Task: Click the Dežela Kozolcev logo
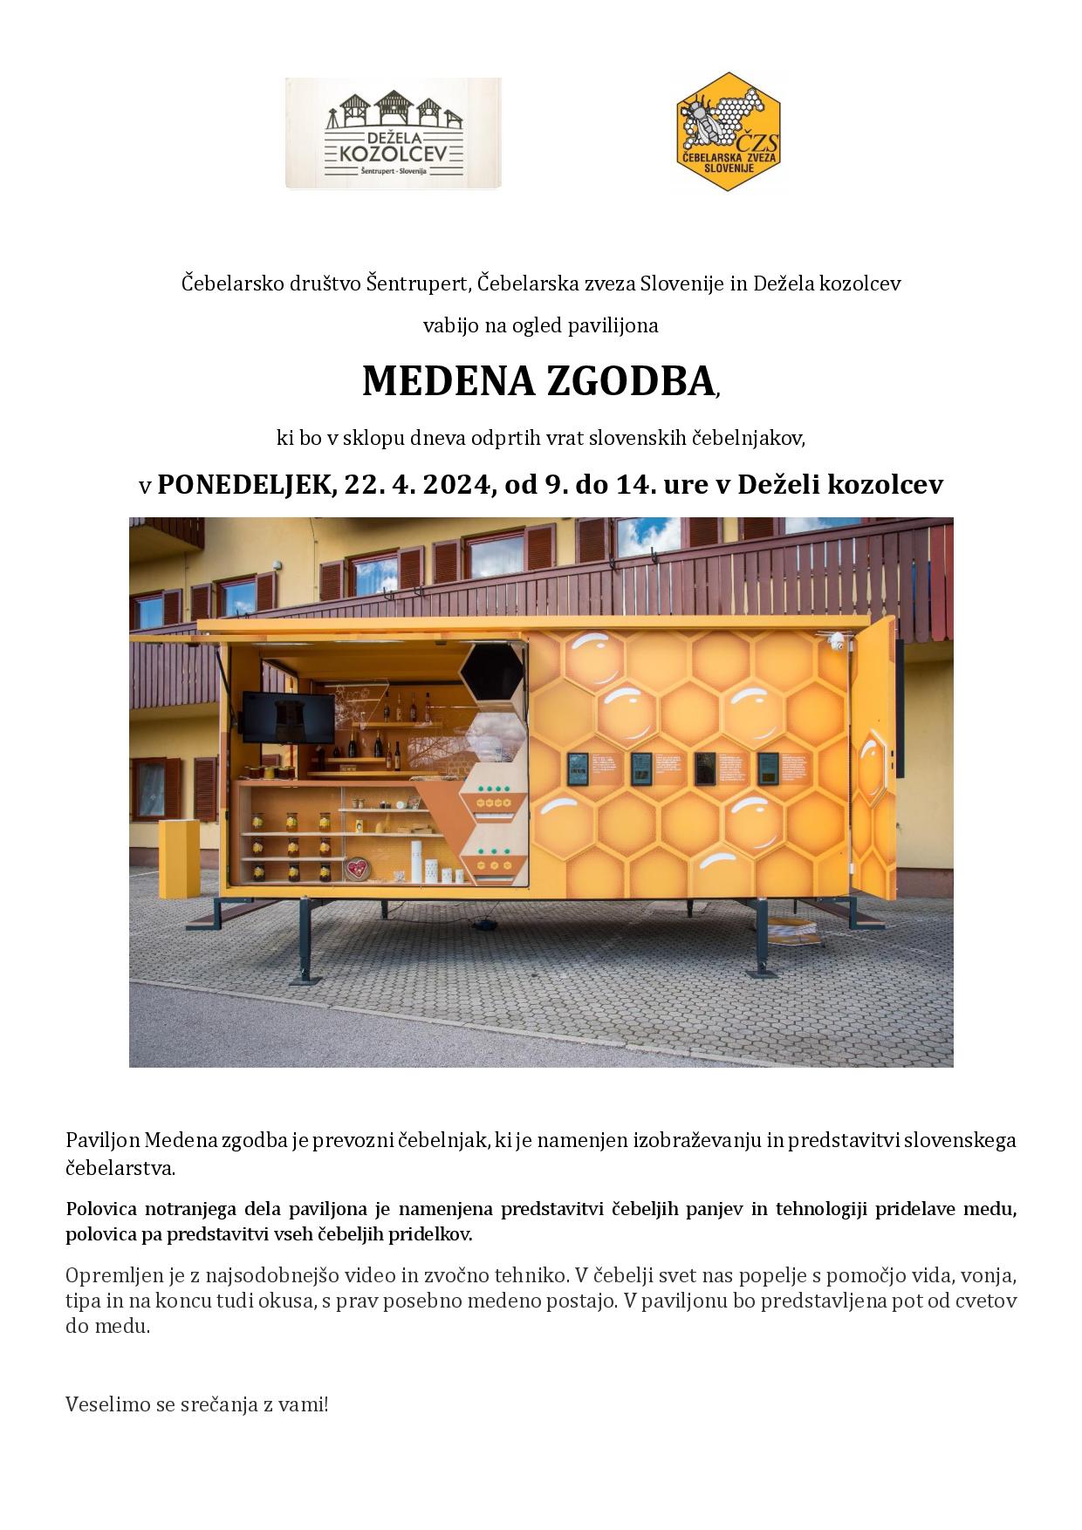tap(393, 133)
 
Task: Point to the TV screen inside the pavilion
tap(288, 717)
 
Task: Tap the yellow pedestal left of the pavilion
tap(177, 858)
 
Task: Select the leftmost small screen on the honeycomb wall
tap(578, 768)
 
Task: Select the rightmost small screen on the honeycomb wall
tap(769, 768)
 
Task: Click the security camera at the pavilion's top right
tap(837, 641)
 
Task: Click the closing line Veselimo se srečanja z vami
tap(197, 1405)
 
